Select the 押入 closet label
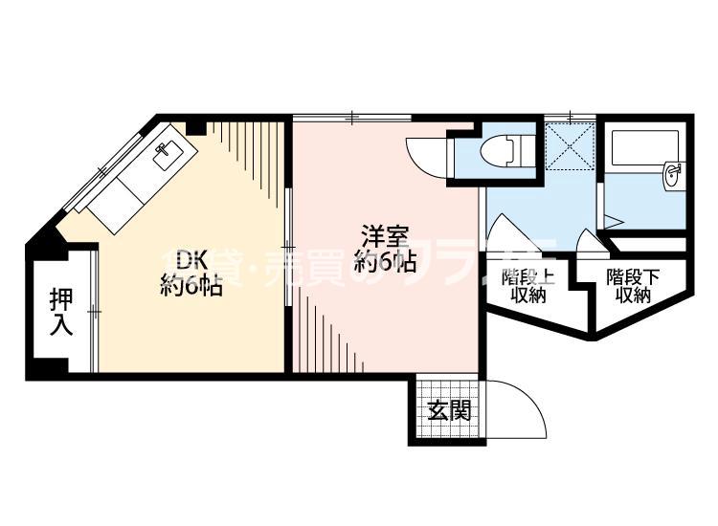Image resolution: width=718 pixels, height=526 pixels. coord(60,311)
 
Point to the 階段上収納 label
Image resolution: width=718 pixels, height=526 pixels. coord(527,286)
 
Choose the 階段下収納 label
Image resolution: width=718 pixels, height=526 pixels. coord(633,286)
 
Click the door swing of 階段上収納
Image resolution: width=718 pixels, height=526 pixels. coord(505,237)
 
